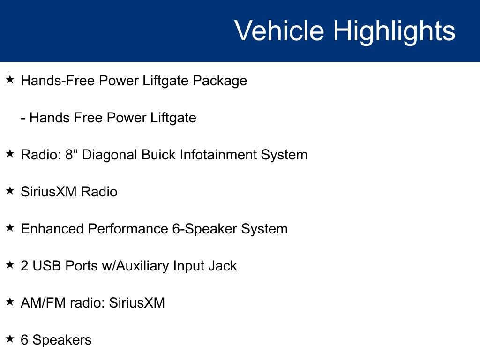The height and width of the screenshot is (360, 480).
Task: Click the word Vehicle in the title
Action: click(279, 30)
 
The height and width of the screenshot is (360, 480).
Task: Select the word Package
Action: click(220, 81)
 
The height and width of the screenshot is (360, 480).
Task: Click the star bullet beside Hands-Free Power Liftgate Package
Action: click(10, 80)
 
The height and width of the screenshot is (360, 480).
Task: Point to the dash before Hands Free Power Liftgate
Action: click(23, 119)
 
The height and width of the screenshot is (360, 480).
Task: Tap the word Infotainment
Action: click(218, 155)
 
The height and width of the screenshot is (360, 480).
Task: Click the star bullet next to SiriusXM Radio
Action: click(10, 190)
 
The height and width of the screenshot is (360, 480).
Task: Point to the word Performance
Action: click(128, 229)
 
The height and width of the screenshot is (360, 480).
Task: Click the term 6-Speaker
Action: click(205, 229)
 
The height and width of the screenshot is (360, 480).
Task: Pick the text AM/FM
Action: click(43, 303)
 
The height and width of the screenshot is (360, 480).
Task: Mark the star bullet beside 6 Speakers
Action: click(10, 338)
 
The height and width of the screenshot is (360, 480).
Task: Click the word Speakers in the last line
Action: click(62, 340)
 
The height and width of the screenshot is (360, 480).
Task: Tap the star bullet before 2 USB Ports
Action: click(10, 264)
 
